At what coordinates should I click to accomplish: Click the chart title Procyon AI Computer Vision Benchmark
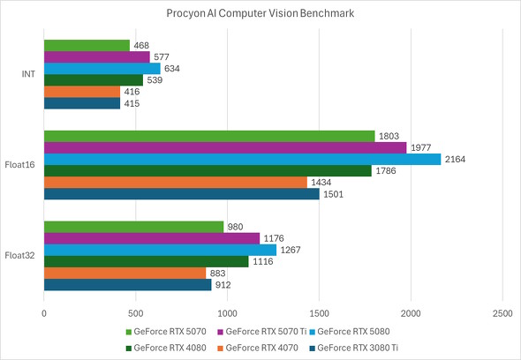(x=260, y=15)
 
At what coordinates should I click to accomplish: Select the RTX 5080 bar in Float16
(x=242, y=159)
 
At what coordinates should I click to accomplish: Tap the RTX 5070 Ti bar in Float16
(x=225, y=147)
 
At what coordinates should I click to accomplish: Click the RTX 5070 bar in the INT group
(x=87, y=46)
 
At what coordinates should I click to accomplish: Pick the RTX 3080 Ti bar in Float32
(x=127, y=284)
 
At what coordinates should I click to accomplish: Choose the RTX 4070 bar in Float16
(x=175, y=182)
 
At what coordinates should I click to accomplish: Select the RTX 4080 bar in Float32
(x=146, y=261)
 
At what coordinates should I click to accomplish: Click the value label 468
(x=142, y=46)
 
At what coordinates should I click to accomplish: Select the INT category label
(x=27, y=74)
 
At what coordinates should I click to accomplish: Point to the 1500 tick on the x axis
(x=319, y=313)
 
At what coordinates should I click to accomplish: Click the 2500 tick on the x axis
(x=502, y=313)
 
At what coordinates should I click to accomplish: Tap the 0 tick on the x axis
(x=44, y=313)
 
